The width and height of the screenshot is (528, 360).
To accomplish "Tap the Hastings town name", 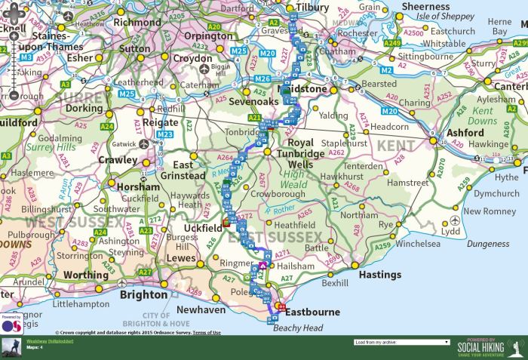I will click(379, 275).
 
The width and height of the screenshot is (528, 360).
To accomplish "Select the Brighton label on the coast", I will click(143, 294).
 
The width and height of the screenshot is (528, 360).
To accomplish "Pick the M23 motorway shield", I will click(165, 134).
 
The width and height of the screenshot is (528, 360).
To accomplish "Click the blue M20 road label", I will click(266, 54).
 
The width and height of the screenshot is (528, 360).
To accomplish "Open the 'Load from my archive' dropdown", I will click(401, 342).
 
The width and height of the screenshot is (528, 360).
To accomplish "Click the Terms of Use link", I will click(207, 332).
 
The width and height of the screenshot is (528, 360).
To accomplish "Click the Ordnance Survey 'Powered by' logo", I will click(11, 324).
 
